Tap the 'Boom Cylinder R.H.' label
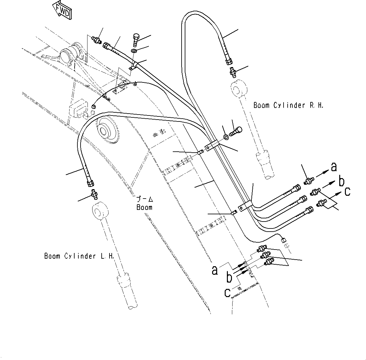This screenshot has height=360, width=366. (x=288, y=105)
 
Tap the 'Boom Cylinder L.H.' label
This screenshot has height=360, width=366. (x=79, y=256)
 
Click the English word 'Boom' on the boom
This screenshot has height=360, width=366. (x=144, y=207)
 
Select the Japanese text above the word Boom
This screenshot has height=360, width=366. (x=144, y=200)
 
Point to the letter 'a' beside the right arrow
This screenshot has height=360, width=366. (x=334, y=166)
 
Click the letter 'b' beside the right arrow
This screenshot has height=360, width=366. (x=341, y=182)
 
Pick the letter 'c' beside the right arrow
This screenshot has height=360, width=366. (x=347, y=192)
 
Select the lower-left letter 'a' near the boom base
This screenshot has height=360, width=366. (x=215, y=270)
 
